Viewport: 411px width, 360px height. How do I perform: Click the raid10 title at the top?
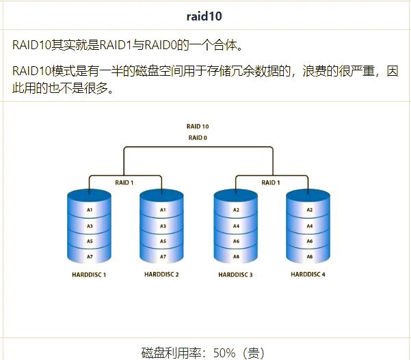click(206, 15)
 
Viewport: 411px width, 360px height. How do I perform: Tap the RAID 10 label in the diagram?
click(198, 126)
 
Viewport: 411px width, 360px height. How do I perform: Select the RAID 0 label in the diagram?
click(198, 138)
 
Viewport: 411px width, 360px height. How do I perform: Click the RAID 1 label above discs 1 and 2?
click(124, 182)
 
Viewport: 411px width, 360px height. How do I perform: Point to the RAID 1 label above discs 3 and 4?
click(271, 182)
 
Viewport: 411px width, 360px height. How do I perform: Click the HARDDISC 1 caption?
click(89, 275)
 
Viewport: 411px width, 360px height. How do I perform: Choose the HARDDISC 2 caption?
click(162, 275)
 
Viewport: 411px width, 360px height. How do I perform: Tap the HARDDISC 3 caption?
click(236, 275)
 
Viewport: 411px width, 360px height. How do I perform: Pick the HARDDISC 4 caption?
click(308, 275)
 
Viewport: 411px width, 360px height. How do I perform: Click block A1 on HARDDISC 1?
click(90, 210)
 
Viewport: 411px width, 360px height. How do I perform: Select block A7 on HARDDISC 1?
click(90, 257)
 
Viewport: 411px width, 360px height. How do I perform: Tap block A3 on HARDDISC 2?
click(163, 226)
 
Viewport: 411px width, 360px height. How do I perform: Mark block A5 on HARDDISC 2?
click(163, 241)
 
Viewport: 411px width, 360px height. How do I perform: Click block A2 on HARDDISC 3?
click(236, 210)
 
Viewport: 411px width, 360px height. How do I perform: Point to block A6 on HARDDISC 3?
click(236, 241)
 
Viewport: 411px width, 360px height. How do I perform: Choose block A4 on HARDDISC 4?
click(309, 226)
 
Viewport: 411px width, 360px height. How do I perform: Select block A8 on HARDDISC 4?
click(309, 257)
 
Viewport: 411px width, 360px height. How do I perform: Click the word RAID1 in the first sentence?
click(116, 46)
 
